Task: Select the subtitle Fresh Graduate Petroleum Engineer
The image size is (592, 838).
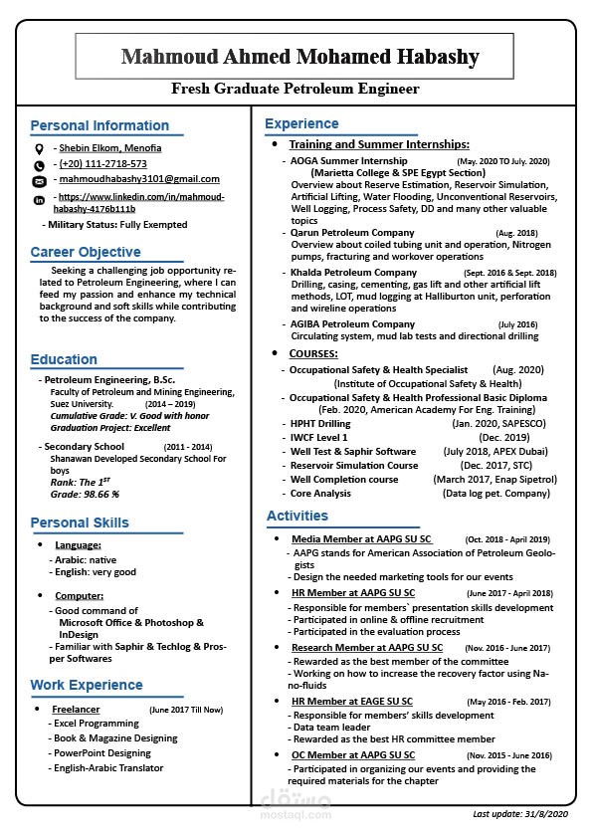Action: pos(296,90)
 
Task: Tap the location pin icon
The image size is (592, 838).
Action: pos(39,148)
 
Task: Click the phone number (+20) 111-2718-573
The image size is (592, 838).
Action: pos(102,163)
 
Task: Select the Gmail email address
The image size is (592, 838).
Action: pos(139,179)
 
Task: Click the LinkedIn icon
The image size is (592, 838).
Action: pos(39,200)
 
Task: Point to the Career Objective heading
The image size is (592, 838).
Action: pos(85,252)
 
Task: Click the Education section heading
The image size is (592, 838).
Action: pos(64,359)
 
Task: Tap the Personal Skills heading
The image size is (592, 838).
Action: pos(80,523)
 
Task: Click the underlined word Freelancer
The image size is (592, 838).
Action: pos(76,710)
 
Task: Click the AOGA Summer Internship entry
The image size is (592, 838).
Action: pos(348,160)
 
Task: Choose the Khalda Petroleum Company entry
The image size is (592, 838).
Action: pos(353,273)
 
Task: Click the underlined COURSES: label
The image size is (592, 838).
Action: pos(313,353)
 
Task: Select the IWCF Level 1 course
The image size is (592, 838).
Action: pos(318,437)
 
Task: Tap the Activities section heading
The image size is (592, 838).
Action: pos(296,516)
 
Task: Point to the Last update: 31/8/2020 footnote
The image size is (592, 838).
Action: pos(519,814)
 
